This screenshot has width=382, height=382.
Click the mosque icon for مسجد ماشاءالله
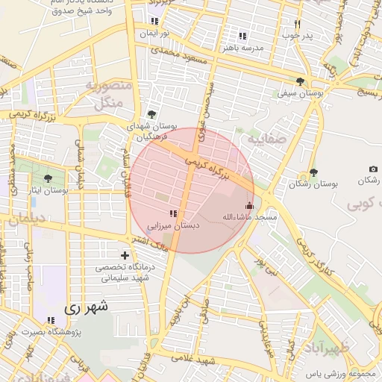click(249, 206)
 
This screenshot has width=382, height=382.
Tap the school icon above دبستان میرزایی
click(173, 214)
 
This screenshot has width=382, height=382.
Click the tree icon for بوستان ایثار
click(48, 179)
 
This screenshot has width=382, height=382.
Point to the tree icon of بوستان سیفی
click(300, 82)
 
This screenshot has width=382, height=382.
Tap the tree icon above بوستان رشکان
click(313, 172)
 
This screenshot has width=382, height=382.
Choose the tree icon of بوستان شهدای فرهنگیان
click(152, 114)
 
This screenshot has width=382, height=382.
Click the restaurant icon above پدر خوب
click(297, 24)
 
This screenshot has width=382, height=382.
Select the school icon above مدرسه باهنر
click(242, 36)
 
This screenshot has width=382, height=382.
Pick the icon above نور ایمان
click(154, 22)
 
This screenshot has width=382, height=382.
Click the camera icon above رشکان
click(373, 169)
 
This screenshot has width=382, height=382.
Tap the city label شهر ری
click(86, 306)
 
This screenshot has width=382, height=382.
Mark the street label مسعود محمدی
click(177, 54)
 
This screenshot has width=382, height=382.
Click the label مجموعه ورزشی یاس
click(342, 372)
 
